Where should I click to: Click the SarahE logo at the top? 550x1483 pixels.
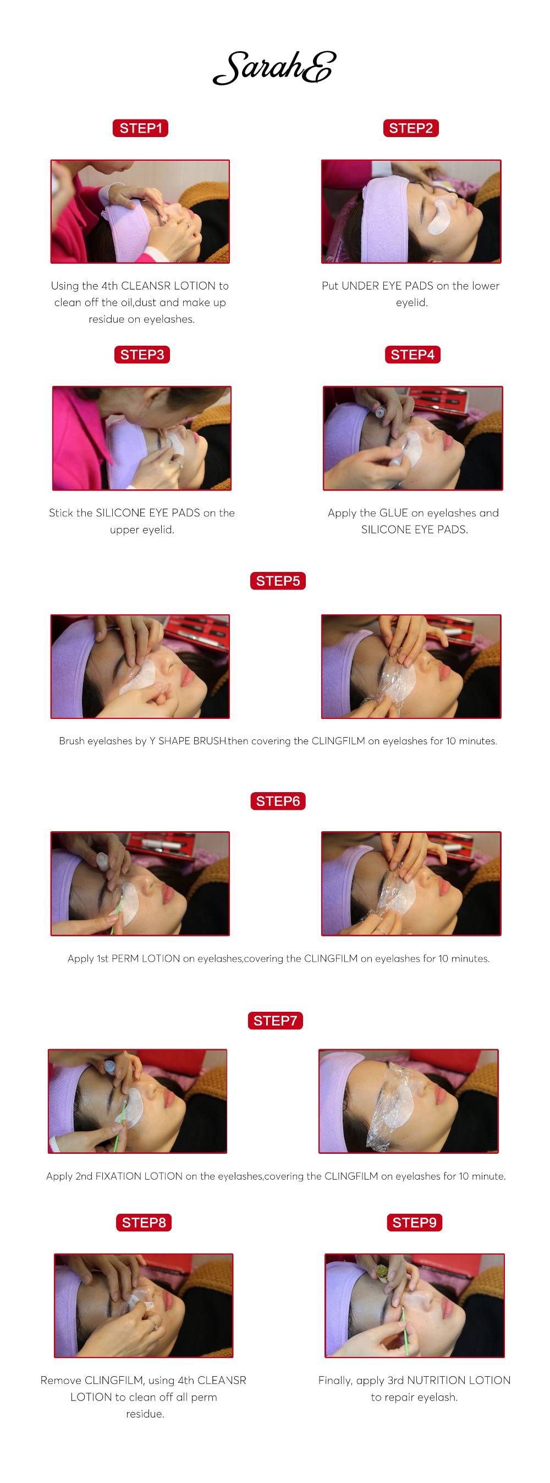tap(274, 68)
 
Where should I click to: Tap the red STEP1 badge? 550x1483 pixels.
tap(140, 128)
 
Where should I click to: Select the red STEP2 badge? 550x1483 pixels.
tap(411, 128)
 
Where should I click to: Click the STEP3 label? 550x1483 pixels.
tap(142, 355)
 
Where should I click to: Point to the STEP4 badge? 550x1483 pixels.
tap(413, 355)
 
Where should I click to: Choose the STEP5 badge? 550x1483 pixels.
tap(278, 581)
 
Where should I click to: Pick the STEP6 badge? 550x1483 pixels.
tap(278, 801)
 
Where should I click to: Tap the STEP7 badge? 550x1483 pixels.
tap(275, 1021)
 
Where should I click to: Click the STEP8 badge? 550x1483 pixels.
tap(144, 1222)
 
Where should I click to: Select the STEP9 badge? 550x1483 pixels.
tap(414, 1222)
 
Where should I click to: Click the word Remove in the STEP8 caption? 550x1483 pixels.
tap(61, 1380)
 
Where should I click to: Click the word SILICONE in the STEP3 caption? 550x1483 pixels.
tap(120, 513)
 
